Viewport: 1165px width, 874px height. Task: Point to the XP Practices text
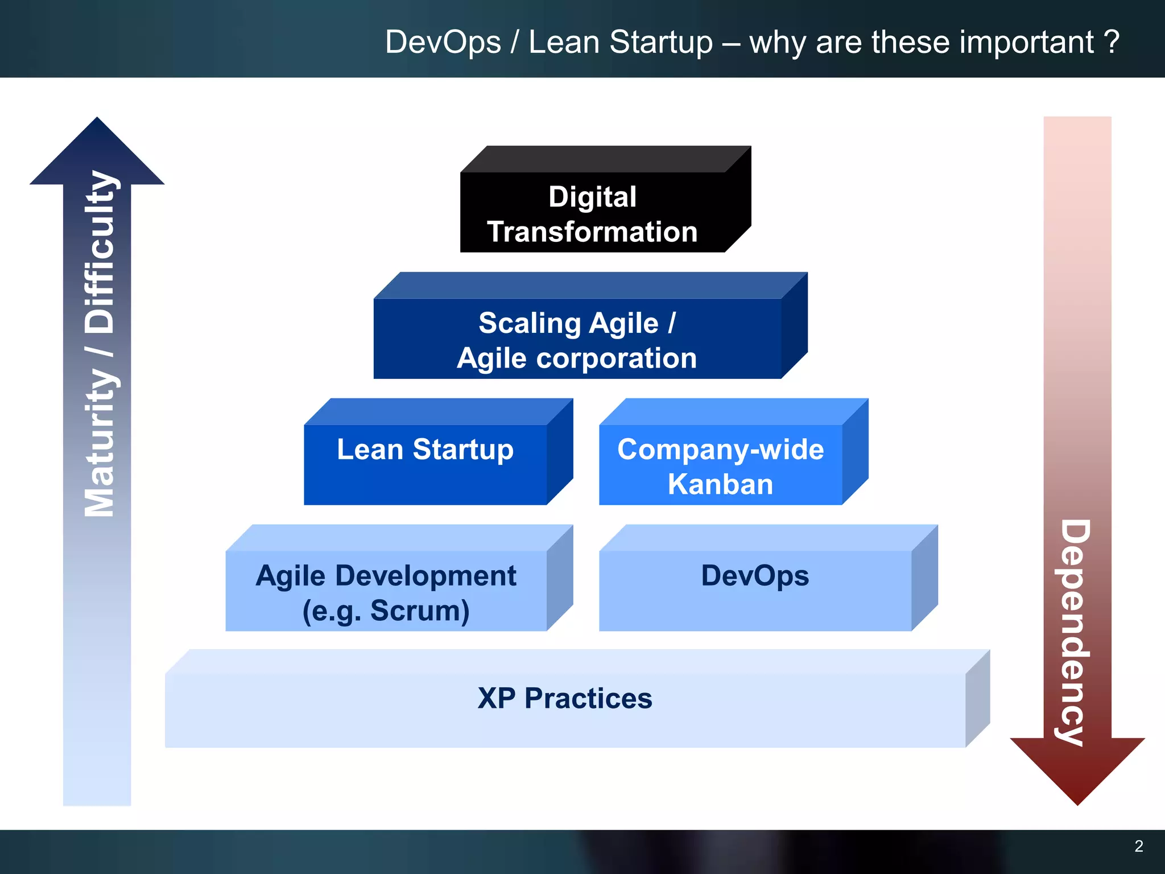(565, 698)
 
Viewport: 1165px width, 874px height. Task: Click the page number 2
(1138, 846)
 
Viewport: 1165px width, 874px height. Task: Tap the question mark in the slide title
(1112, 42)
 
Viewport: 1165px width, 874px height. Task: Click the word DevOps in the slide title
(443, 42)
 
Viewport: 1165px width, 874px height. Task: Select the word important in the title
(982, 42)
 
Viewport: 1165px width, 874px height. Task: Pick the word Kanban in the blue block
(720, 484)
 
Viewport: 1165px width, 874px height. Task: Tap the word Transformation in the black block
(592, 232)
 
